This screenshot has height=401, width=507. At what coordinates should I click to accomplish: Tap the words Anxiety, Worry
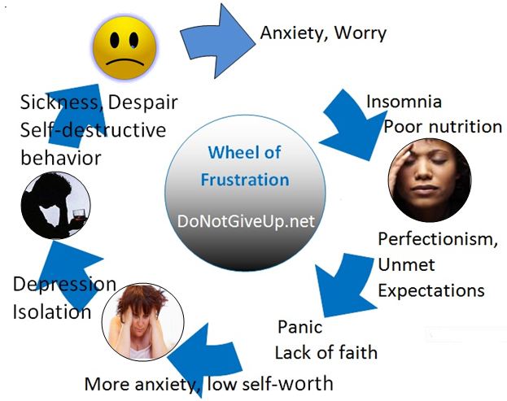[x=322, y=33]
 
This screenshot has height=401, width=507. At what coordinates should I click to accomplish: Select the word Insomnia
[x=404, y=102]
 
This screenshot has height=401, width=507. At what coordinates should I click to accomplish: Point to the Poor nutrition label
[x=443, y=126]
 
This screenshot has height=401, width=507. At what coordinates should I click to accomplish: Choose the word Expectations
[x=431, y=290]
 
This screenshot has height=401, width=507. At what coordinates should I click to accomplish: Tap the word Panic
[x=299, y=328]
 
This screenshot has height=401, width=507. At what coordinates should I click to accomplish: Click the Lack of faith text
[x=326, y=353]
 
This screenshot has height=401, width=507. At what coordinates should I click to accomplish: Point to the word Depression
[x=64, y=284]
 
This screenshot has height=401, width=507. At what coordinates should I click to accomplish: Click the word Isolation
[x=51, y=312]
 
